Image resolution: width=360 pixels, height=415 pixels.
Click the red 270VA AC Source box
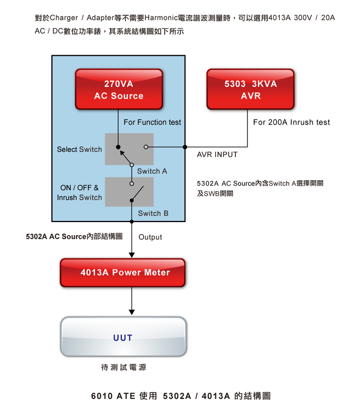118,89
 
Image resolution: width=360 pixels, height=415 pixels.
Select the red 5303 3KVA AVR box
250,89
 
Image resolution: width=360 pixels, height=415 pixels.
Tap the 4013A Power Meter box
123,272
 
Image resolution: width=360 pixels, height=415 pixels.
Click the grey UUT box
123,337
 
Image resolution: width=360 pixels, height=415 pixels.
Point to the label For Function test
152,122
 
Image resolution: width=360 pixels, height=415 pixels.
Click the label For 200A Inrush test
291,122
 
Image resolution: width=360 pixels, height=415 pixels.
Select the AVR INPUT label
217,155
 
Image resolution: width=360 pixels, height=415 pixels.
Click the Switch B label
153,213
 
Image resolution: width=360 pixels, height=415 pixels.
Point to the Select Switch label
79,149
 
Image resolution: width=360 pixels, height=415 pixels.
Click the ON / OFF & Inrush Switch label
79,192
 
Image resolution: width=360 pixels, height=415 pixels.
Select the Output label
150,237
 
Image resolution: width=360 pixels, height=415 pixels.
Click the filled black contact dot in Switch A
118,147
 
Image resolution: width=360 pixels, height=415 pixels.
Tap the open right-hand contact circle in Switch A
146,147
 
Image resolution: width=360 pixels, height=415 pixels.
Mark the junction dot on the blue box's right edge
185,147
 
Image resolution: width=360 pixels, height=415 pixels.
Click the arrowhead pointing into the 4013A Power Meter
132,255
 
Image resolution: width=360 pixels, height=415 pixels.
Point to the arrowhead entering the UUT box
132,312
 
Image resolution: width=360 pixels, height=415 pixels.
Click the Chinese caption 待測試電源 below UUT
123,367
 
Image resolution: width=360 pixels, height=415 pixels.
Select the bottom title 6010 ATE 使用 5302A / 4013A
180,396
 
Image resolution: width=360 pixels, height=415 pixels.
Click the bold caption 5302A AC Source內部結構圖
74,237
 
